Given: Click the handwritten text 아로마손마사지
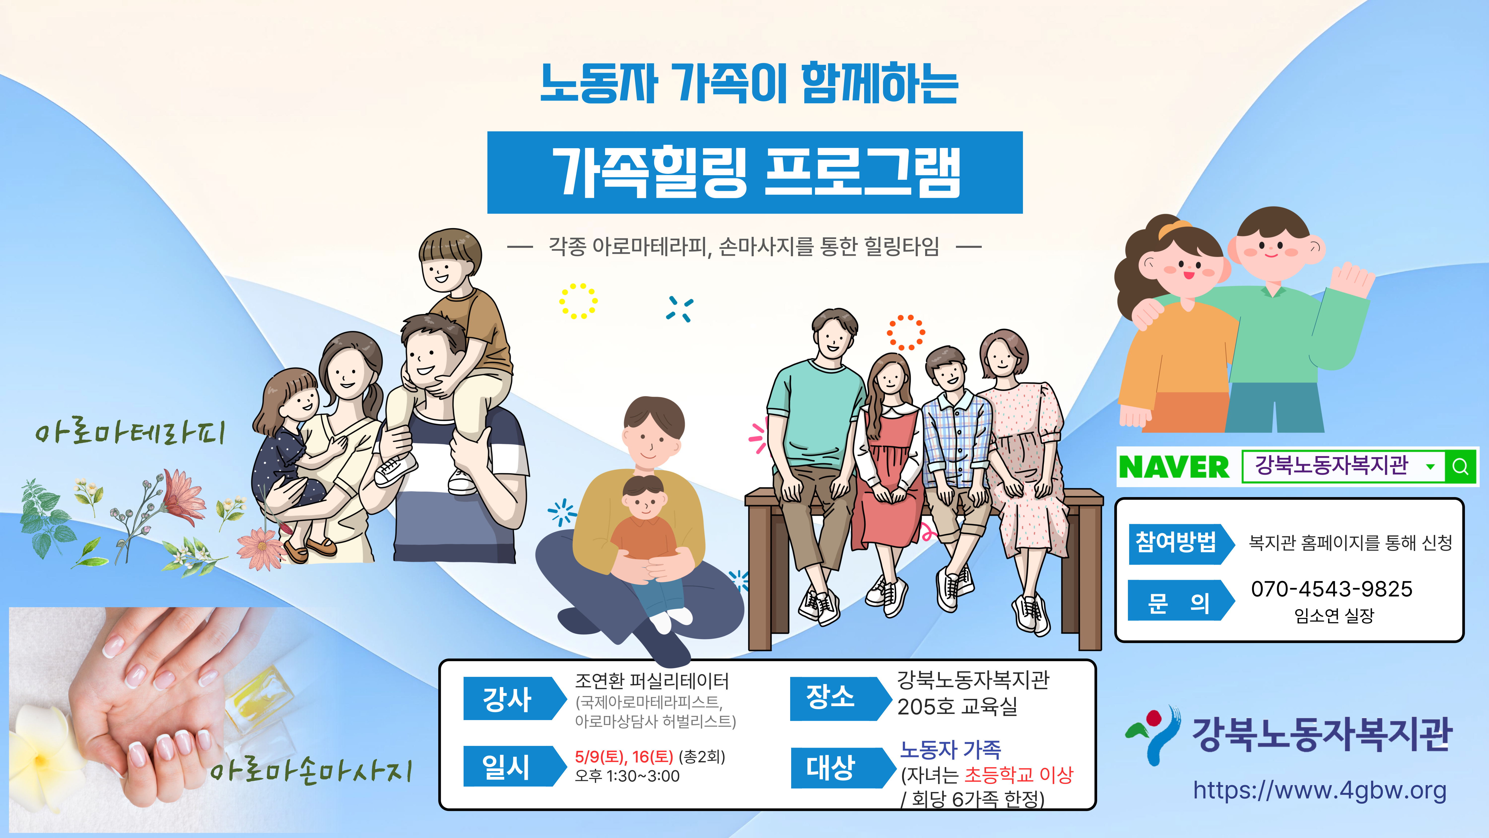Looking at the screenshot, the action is [311, 771].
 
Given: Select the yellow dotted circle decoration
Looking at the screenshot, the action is [578, 301].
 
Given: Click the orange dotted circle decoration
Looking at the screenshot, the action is [906, 332].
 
